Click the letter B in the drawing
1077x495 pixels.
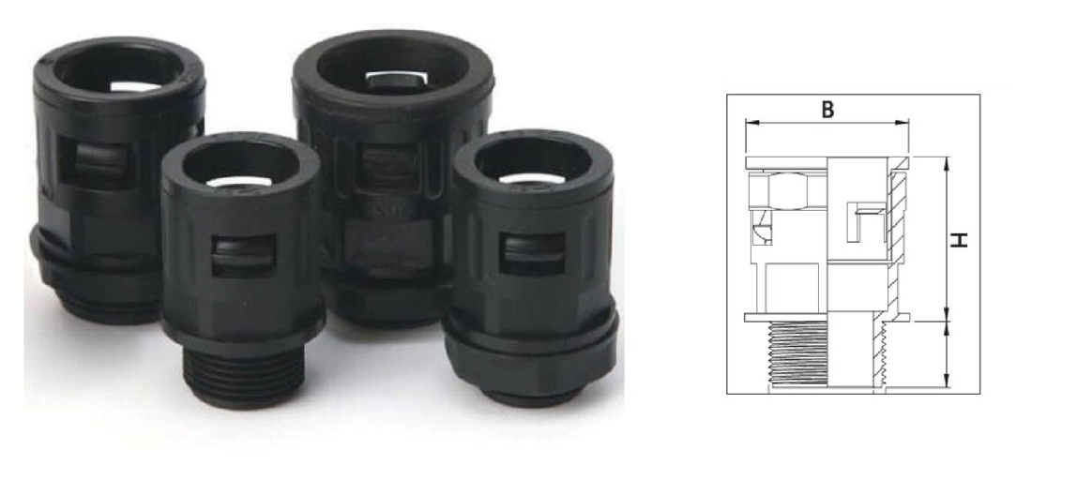pyautogui.click(x=827, y=109)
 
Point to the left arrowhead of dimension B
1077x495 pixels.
pyautogui.click(x=749, y=123)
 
